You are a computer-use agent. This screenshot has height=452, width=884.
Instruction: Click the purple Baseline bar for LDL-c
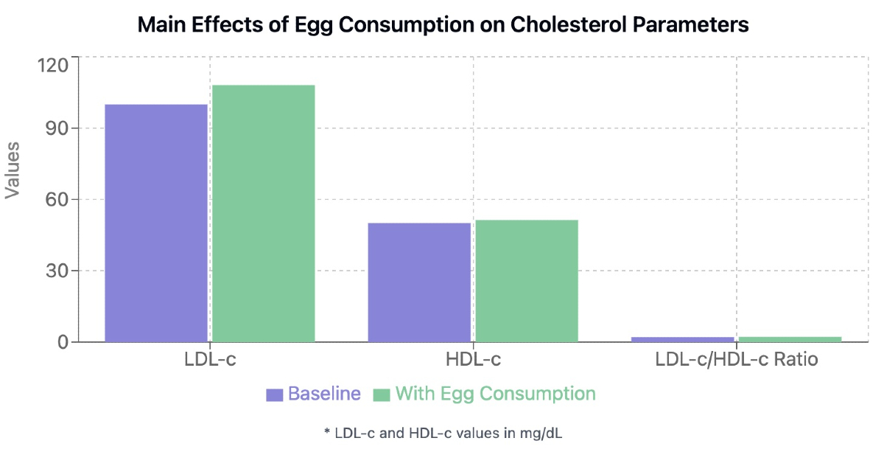point(156,223)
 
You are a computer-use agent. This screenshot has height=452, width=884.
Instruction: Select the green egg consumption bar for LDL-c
point(264,213)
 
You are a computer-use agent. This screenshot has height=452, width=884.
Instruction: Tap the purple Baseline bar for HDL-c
point(419,282)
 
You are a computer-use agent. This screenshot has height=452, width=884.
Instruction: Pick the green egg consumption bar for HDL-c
point(527,281)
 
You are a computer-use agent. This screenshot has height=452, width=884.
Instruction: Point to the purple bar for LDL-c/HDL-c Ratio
point(683,339)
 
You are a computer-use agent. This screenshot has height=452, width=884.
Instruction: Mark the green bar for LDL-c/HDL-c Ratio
point(790,339)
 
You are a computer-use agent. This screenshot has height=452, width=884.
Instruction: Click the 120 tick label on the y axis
point(52,66)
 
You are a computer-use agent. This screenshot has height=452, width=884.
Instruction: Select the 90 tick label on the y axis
point(57,128)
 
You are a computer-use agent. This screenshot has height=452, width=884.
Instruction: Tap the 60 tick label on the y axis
point(57,200)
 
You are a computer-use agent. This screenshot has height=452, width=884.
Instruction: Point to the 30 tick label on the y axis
point(57,271)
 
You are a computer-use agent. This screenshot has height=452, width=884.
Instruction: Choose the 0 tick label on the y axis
point(63,342)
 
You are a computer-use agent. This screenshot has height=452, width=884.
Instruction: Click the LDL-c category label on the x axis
point(210,360)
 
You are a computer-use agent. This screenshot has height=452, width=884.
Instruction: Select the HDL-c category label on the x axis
point(473,360)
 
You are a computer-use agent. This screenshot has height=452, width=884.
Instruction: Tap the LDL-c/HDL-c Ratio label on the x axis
point(737,360)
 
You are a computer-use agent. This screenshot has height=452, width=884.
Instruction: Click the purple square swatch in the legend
point(274,394)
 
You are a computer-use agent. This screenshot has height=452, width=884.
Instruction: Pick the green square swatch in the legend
point(382,394)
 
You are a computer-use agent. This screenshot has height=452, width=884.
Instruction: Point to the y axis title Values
point(13,170)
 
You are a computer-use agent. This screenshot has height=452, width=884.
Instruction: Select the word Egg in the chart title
point(313,26)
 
